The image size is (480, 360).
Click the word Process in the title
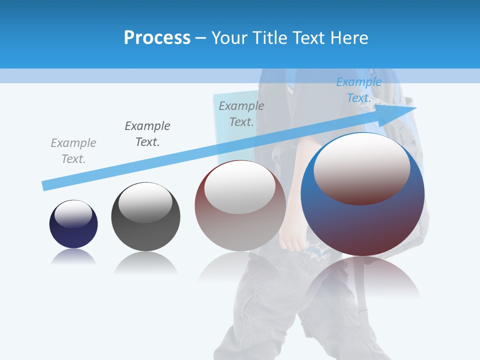[157, 38]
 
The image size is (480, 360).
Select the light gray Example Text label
[73, 151]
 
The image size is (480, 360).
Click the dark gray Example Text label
[147, 134]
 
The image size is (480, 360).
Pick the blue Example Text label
[358, 90]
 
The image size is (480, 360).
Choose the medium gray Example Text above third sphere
[241, 114]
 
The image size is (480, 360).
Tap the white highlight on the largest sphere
[362, 167]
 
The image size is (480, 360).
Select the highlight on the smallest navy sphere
[73, 214]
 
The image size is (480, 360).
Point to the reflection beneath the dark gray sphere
[145, 262]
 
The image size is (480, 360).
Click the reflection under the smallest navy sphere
[73, 257]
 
